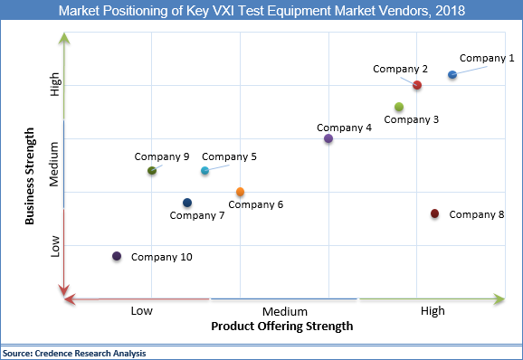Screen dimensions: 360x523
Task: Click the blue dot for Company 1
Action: click(x=452, y=75)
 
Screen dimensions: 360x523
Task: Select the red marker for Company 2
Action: click(x=417, y=85)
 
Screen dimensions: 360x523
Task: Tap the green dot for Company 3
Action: click(x=399, y=107)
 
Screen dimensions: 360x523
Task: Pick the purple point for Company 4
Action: click(x=328, y=138)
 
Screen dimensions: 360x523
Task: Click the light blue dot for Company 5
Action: click(x=204, y=171)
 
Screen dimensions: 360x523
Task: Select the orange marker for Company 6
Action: click(x=240, y=192)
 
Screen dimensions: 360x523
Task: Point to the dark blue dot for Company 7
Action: click(x=187, y=203)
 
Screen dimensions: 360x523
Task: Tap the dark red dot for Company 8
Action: click(x=434, y=213)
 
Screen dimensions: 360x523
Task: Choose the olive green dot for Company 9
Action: click(x=152, y=171)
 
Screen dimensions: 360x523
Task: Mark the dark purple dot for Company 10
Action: click(x=117, y=256)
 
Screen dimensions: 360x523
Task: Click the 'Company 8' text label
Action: click(x=476, y=214)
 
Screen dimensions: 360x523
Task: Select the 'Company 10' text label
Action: click(x=161, y=257)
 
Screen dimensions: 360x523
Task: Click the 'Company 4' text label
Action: click(x=345, y=128)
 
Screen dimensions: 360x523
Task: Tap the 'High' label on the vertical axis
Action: click(x=55, y=86)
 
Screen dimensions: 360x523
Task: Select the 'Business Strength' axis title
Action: click(x=29, y=175)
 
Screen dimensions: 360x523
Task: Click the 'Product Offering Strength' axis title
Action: click(x=281, y=326)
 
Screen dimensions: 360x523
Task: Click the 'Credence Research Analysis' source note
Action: click(x=74, y=353)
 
